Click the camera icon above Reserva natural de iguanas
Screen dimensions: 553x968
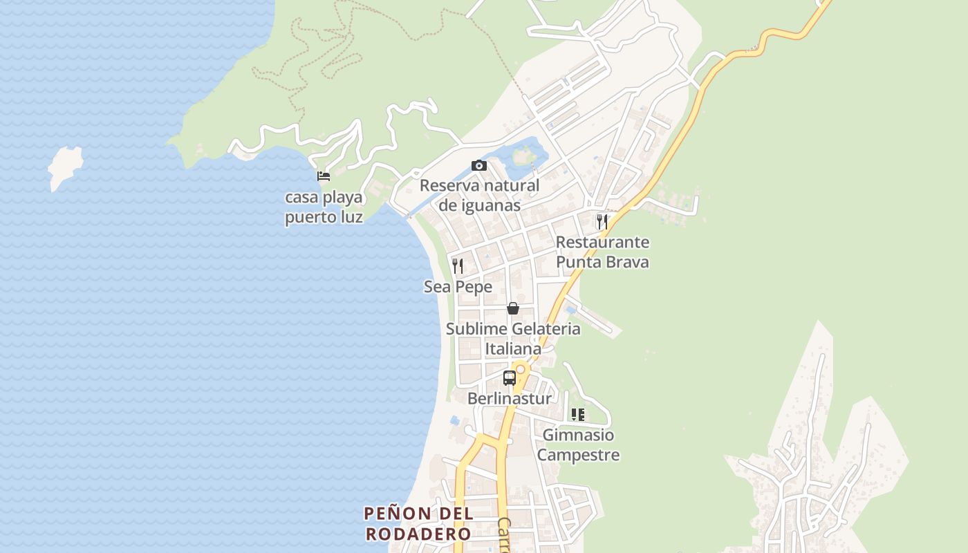click(x=478, y=165)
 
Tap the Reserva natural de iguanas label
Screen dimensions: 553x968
click(x=479, y=196)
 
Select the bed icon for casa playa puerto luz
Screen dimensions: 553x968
click(x=323, y=176)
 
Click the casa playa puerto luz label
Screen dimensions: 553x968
click(x=324, y=207)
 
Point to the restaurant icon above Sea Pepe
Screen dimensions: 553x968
click(x=458, y=265)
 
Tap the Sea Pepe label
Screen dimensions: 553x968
click(x=458, y=287)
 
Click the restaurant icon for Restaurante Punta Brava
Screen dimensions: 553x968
click(x=602, y=221)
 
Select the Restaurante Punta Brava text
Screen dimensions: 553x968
click(x=602, y=252)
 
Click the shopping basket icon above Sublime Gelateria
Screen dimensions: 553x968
click(x=513, y=308)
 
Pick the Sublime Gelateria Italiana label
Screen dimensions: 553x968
click(x=513, y=339)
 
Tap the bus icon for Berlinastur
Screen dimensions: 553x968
click(x=510, y=378)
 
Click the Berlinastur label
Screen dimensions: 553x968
click(x=510, y=399)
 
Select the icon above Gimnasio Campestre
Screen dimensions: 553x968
click(x=578, y=415)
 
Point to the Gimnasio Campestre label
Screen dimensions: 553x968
click(x=578, y=445)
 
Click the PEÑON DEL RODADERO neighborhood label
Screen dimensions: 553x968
click(x=418, y=524)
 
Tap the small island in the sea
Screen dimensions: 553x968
click(x=65, y=166)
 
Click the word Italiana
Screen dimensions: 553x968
click(x=513, y=349)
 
